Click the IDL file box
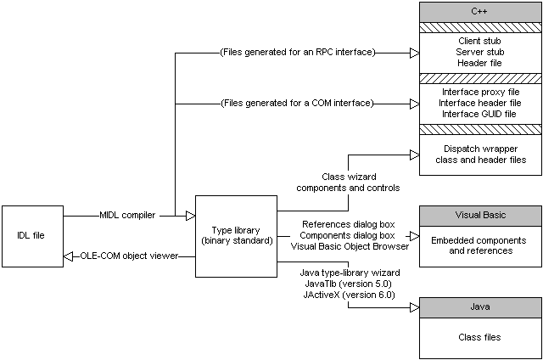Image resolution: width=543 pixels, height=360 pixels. (32, 235)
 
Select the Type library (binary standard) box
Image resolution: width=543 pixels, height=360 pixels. (236, 235)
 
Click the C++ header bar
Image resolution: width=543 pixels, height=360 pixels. (479, 12)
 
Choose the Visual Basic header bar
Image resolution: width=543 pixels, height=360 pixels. (479, 214)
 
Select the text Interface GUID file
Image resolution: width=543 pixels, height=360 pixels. (480, 114)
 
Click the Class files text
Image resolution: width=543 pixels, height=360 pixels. (480, 337)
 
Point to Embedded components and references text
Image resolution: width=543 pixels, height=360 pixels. (480, 245)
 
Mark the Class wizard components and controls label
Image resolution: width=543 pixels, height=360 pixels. (349, 181)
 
